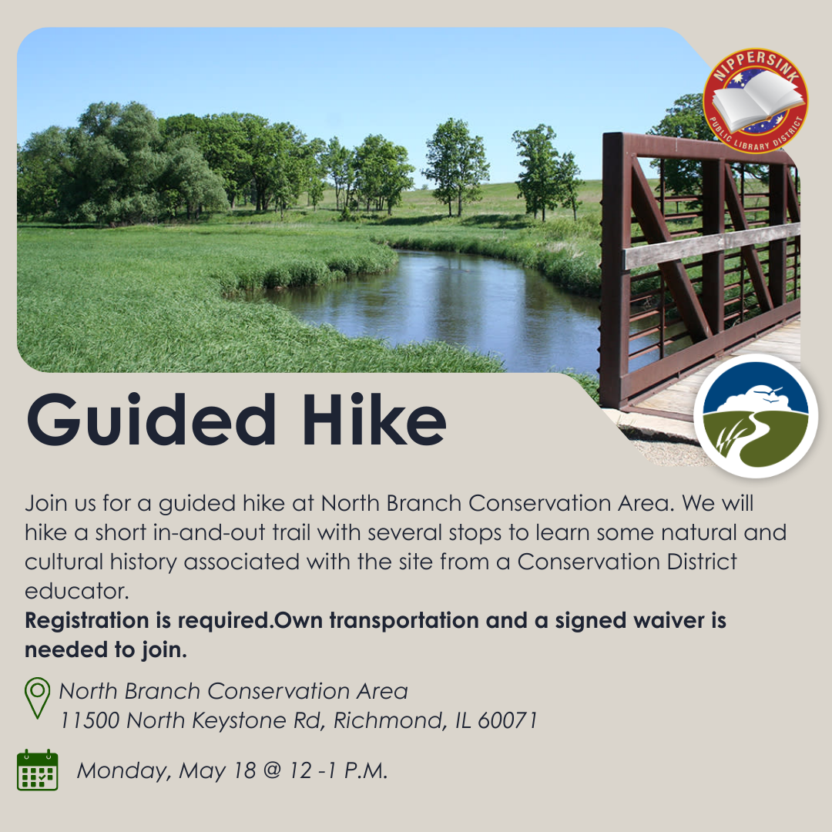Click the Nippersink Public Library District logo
(755, 101)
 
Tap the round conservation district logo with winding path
(756, 415)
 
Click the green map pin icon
(38, 698)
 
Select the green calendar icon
(38, 770)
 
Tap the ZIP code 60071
(508, 720)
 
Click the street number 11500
(89, 720)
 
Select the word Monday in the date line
(124, 771)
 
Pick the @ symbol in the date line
(272, 770)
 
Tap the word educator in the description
(77, 591)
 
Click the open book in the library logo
(757, 100)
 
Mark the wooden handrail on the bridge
(712, 246)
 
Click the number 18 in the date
(245, 770)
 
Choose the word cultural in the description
(64, 562)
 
